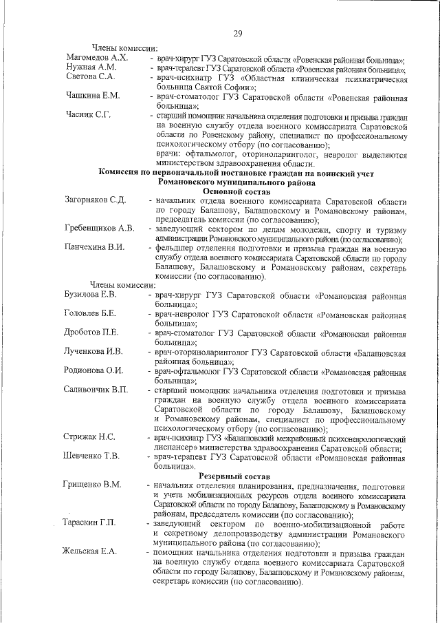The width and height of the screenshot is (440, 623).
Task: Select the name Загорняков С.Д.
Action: (95, 200)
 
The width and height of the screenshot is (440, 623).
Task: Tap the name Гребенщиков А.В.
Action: (99, 228)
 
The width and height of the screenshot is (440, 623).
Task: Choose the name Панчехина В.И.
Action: (95, 247)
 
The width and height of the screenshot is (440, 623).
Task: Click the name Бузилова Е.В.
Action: (91, 295)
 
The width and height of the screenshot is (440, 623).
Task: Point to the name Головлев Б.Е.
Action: (89, 314)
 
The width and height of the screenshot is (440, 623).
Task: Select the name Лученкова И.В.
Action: (93, 352)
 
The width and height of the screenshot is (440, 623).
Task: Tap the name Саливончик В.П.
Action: (96, 390)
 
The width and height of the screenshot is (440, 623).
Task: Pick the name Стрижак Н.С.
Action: (89, 437)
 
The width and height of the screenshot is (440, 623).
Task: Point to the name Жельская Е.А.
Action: (90, 552)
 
